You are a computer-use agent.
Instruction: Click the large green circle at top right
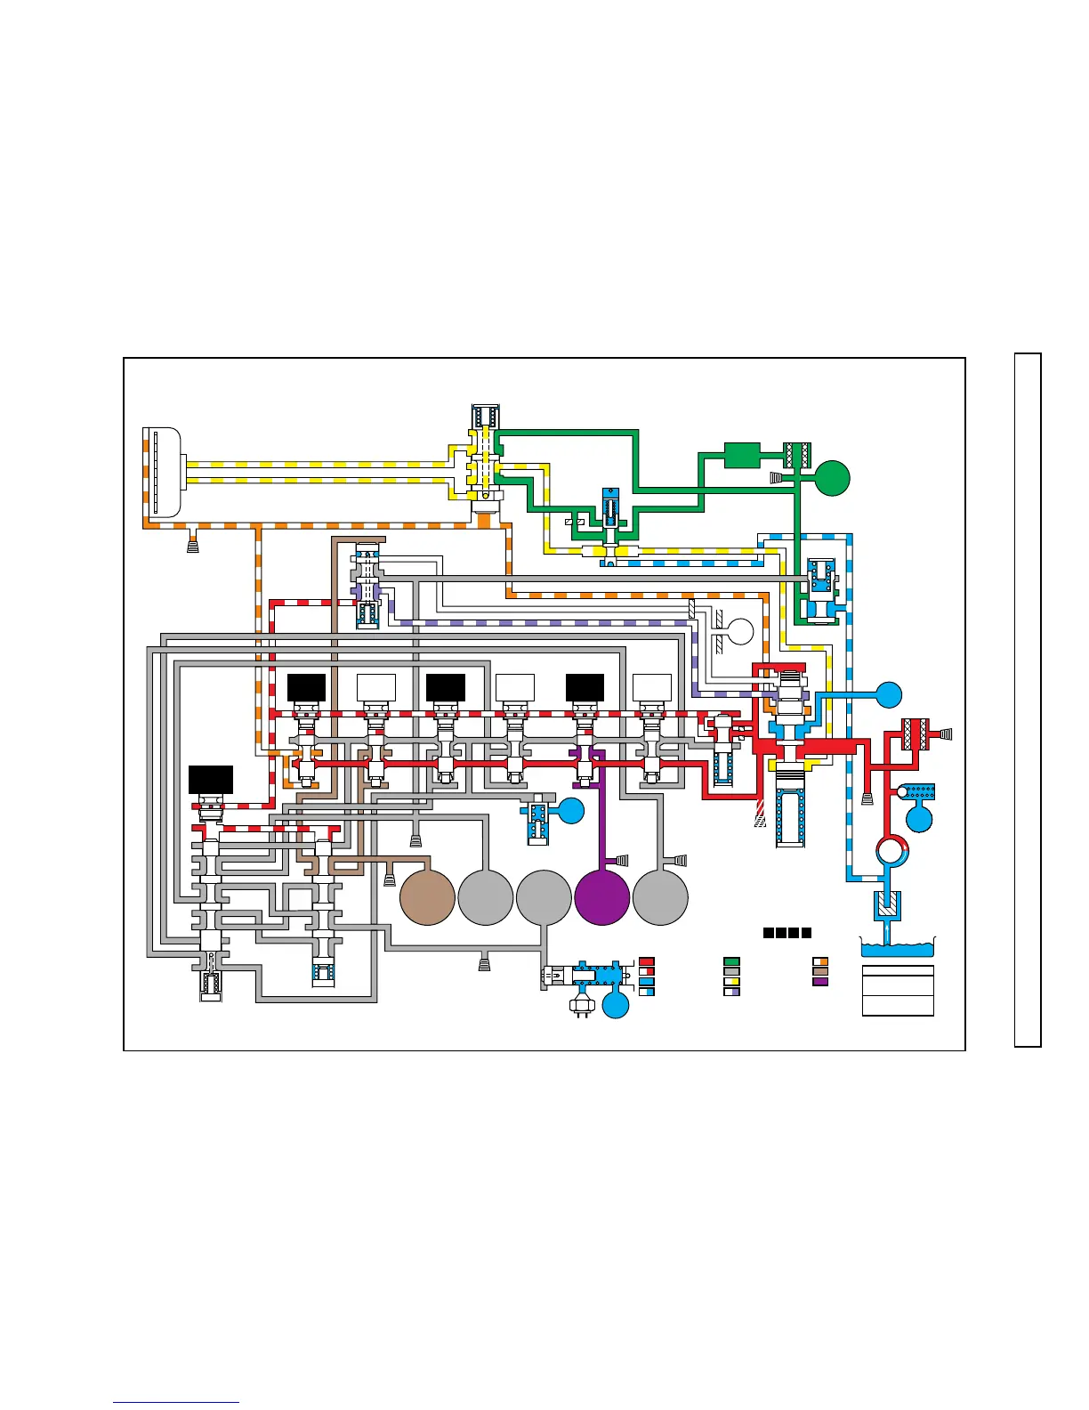coord(833,478)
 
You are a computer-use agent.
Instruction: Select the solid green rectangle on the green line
coord(741,455)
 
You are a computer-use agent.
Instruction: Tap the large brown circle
coord(428,897)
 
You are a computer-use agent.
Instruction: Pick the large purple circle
coord(602,897)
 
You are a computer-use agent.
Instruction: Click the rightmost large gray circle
coord(660,897)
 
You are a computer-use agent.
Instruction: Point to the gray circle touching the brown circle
coord(486,897)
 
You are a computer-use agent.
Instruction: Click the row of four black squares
coord(786,933)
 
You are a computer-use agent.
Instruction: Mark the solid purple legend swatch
coord(820,982)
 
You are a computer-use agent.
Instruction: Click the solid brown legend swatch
coord(820,972)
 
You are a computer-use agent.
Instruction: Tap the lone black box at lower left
coord(211,779)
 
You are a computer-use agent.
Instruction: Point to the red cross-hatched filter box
coord(916,734)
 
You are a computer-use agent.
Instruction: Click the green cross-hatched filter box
coord(796,455)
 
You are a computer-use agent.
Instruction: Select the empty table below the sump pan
coord(898,991)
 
